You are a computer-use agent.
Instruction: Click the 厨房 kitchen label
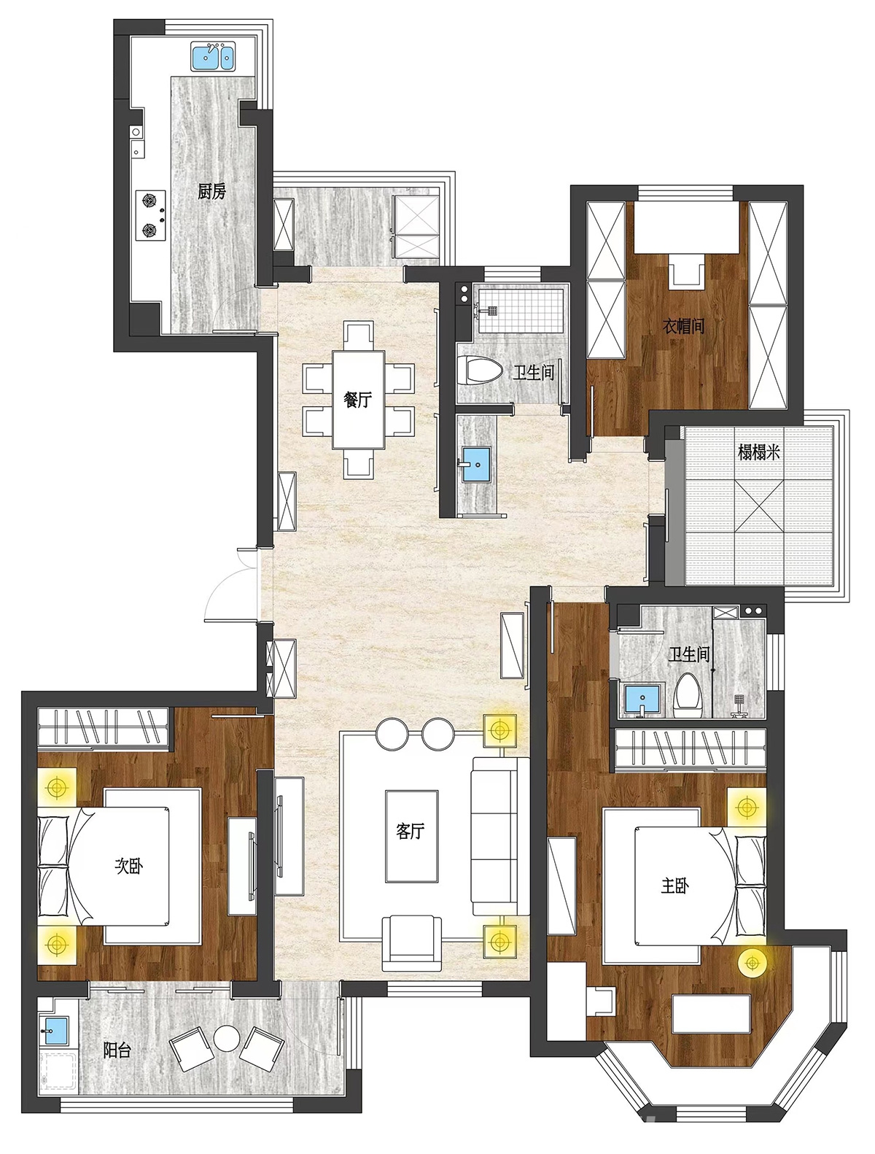pos(211,191)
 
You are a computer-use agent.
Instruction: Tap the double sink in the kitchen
pos(213,57)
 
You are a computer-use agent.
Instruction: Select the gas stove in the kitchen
pos(150,215)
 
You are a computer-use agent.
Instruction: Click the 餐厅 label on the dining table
pos(357,400)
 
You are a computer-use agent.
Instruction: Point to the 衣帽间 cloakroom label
pos(683,326)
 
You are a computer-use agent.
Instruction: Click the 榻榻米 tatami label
pos(758,452)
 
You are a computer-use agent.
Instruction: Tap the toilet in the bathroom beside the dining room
pos(479,370)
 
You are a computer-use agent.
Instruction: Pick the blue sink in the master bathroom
pos(642,700)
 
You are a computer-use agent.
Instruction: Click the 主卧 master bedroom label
pos(674,886)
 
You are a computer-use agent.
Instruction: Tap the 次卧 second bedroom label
pos(129,866)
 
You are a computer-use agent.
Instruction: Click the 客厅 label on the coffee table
pos(411,831)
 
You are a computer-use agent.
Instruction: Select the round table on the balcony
pos(227,1038)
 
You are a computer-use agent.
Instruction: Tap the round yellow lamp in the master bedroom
pos(752,963)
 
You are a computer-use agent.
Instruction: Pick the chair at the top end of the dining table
pos(359,336)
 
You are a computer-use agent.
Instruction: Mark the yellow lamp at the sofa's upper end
pos(499,730)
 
